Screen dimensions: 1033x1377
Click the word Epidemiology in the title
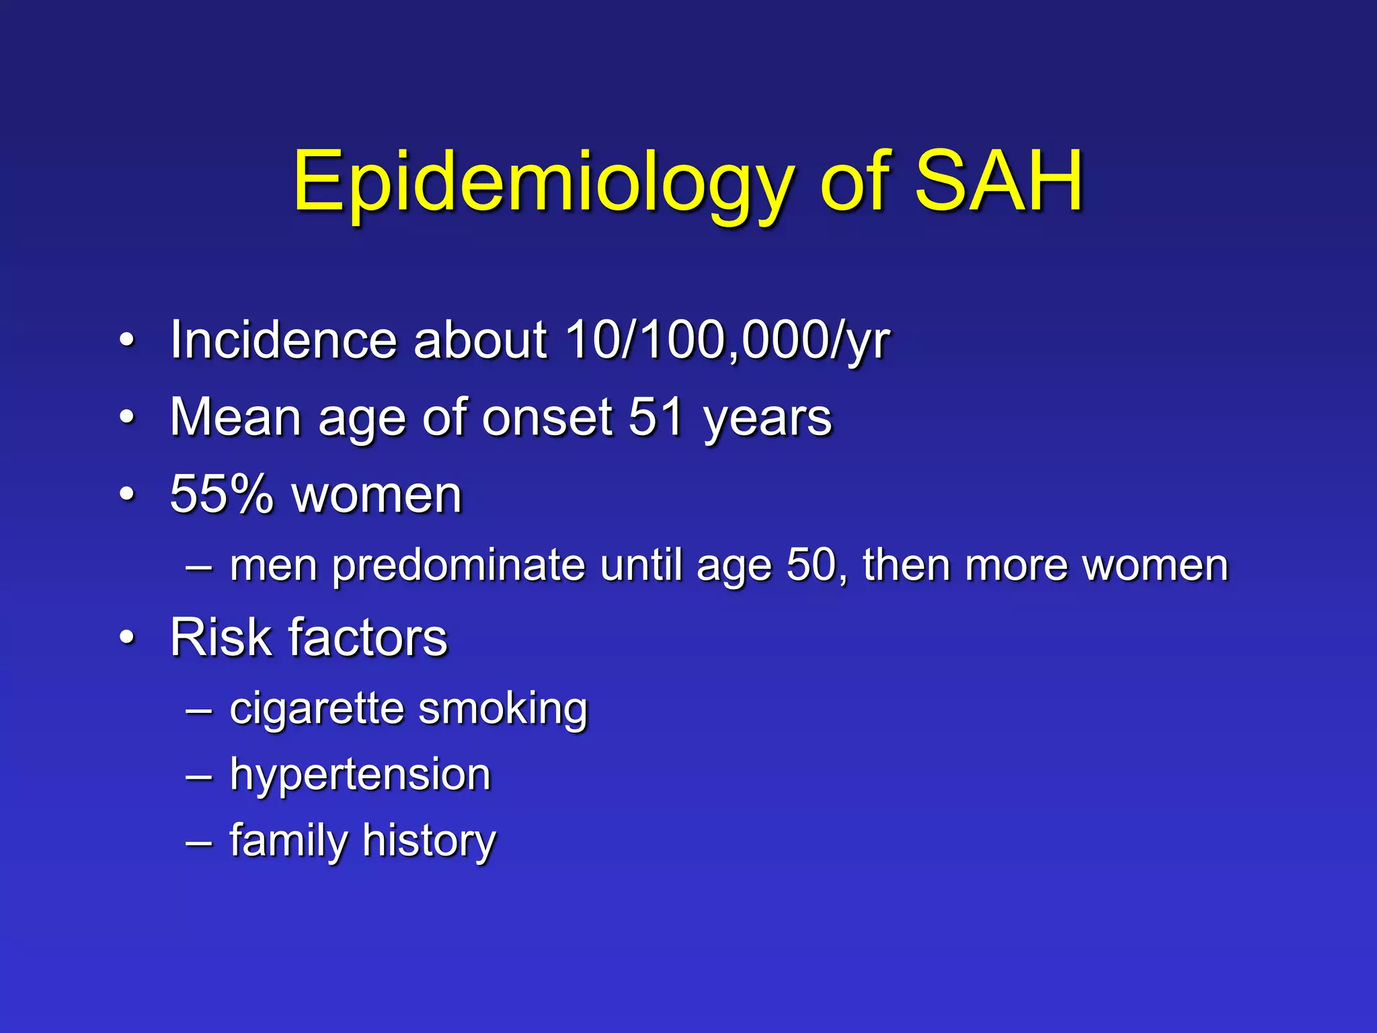543,182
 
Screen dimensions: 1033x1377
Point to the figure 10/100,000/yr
727,340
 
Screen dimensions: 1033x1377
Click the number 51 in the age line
657,417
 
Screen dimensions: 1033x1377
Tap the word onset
547,418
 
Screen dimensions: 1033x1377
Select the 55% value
222,494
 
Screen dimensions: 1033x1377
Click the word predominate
458,566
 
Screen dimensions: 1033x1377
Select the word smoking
502,710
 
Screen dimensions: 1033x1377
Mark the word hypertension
360,775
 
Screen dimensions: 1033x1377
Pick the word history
429,841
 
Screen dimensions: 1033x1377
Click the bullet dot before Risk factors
127,637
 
